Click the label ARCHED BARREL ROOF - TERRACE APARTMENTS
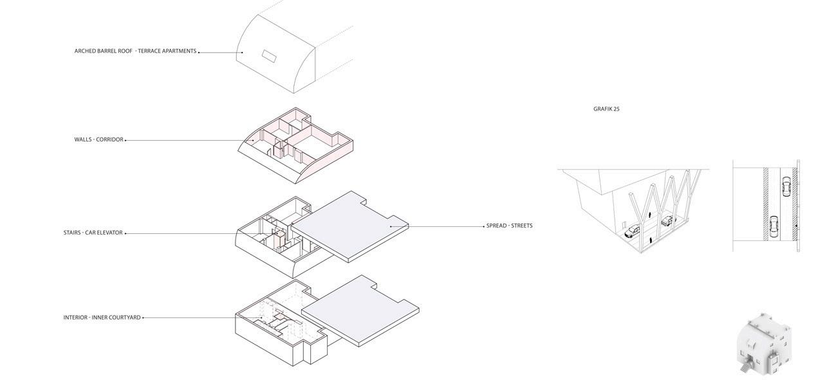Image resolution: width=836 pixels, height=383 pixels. [135, 51]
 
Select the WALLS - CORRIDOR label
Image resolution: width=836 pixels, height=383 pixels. [98, 139]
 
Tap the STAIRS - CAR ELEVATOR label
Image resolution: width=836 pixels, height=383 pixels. [93, 233]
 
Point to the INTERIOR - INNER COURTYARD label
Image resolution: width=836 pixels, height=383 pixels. [102, 317]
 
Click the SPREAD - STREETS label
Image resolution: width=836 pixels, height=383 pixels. [509, 226]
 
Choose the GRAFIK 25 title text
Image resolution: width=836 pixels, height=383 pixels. [606, 109]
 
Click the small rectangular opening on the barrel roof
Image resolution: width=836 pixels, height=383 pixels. [268, 57]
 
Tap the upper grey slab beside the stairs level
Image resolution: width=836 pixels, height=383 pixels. [351, 225]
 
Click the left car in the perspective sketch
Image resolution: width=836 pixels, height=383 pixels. [632, 231]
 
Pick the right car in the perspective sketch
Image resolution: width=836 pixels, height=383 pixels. [667, 221]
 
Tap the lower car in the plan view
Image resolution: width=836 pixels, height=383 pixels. [774, 226]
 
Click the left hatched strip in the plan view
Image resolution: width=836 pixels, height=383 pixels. [766, 204]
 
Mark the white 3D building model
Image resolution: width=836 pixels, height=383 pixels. [763, 344]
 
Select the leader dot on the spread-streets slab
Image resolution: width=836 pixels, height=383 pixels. [391, 226]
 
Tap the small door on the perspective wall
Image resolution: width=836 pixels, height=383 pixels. [624, 224]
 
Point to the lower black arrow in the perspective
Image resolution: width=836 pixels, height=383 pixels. [651, 240]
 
